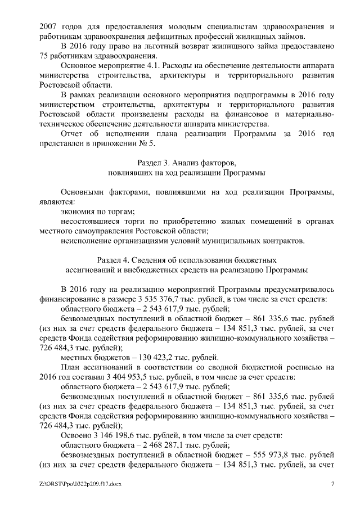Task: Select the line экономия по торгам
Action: [x=97, y=211]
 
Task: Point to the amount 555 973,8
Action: [x=273, y=455]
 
